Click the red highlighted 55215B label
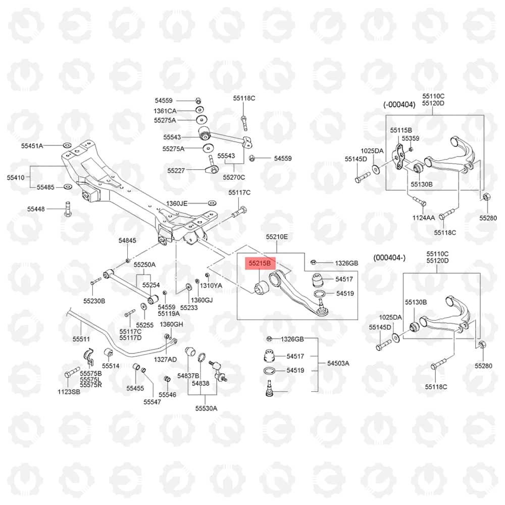pyautogui.click(x=260, y=263)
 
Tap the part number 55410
pyautogui.click(x=16, y=177)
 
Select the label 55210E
pyautogui.click(x=277, y=237)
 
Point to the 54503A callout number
pyautogui.click(x=338, y=363)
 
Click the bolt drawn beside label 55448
pyautogui.click(x=68, y=209)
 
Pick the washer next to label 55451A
pyautogui.click(x=66, y=145)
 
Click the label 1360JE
pyautogui.click(x=176, y=204)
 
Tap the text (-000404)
pyautogui.click(x=399, y=105)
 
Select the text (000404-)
pyautogui.click(x=389, y=258)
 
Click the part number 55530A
pyautogui.click(x=206, y=409)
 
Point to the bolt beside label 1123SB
pyautogui.click(x=72, y=373)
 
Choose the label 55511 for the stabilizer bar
pyautogui.click(x=81, y=339)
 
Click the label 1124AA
pyautogui.click(x=424, y=218)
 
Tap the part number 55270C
pyautogui.click(x=234, y=177)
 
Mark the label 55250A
pyautogui.click(x=144, y=265)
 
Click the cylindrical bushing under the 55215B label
pyautogui.click(x=261, y=287)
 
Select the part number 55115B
pyautogui.click(x=401, y=130)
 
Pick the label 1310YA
pyautogui.click(x=211, y=285)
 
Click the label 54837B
pyautogui.click(x=188, y=376)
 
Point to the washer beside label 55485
pyautogui.click(x=67, y=187)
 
